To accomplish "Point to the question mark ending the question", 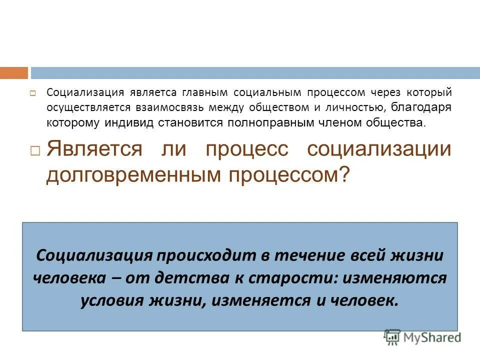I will (x=344, y=174).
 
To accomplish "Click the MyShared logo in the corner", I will (x=422, y=337).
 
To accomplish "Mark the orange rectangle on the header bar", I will (x=14, y=73).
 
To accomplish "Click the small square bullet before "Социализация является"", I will (x=32, y=93).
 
